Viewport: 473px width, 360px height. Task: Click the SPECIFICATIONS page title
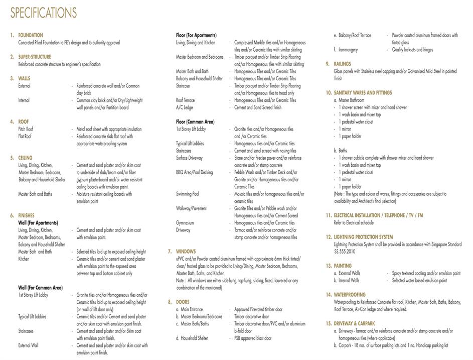(x=44, y=13)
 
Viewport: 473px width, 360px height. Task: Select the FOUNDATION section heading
(x=31, y=36)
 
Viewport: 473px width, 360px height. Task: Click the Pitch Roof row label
(x=26, y=129)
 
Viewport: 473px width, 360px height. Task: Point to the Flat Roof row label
(x=25, y=136)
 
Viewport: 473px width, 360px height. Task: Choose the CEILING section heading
(x=25, y=158)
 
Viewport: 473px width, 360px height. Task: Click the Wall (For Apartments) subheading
(x=38, y=222)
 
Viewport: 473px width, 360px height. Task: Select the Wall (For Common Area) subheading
(x=41, y=288)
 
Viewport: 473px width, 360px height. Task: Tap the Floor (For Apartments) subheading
(x=196, y=36)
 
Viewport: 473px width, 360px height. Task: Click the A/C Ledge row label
(x=185, y=107)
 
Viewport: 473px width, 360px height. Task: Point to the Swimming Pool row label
(x=188, y=194)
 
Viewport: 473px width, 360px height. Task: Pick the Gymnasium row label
(x=185, y=222)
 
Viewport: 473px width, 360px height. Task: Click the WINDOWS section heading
(x=186, y=252)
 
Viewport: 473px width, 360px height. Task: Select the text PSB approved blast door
(x=253, y=338)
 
